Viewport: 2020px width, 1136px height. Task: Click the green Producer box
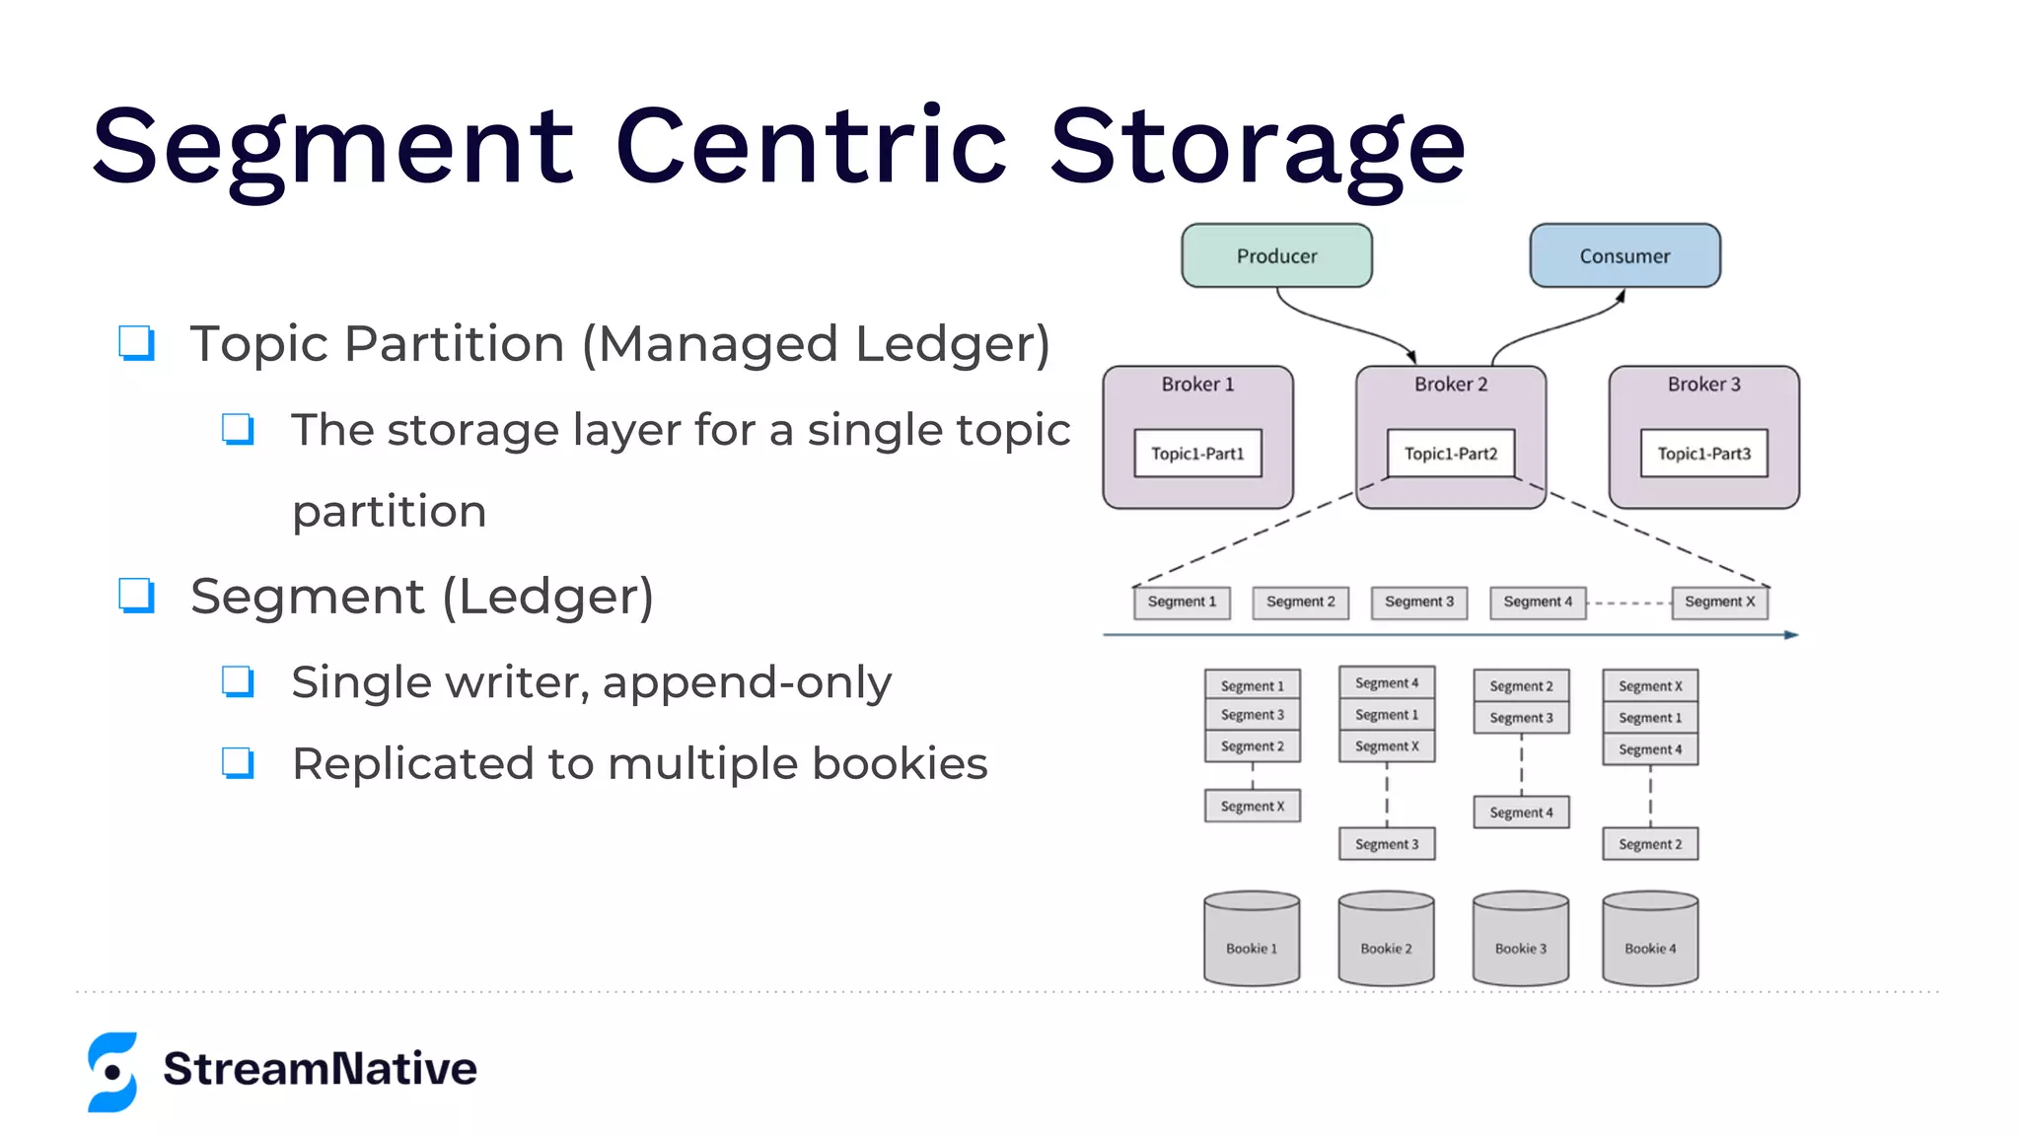pyautogui.click(x=1276, y=255)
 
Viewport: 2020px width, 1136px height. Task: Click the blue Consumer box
pyautogui.click(x=1624, y=255)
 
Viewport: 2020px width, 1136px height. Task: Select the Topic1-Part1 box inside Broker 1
pyautogui.click(x=1197, y=454)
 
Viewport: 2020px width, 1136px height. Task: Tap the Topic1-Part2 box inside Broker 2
pyautogui.click(x=1450, y=454)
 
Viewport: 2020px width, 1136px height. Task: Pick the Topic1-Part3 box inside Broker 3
pyautogui.click(x=1703, y=454)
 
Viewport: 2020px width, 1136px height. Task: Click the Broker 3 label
pyautogui.click(x=1703, y=385)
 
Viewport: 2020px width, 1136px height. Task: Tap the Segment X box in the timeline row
pyautogui.click(x=1719, y=602)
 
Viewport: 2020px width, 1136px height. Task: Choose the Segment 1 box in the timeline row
pyautogui.click(x=1182, y=602)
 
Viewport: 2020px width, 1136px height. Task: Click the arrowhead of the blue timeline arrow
pyautogui.click(x=1792, y=635)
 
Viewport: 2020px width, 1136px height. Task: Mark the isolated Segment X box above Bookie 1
pyautogui.click(x=1253, y=806)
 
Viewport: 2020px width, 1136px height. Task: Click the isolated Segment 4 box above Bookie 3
pyautogui.click(x=1521, y=813)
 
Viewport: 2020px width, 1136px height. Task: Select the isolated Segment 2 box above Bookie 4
pyautogui.click(x=1650, y=844)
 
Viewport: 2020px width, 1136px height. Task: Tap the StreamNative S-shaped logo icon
pyautogui.click(x=112, y=1072)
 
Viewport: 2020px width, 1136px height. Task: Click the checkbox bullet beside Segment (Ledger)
pyautogui.click(x=136, y=596)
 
